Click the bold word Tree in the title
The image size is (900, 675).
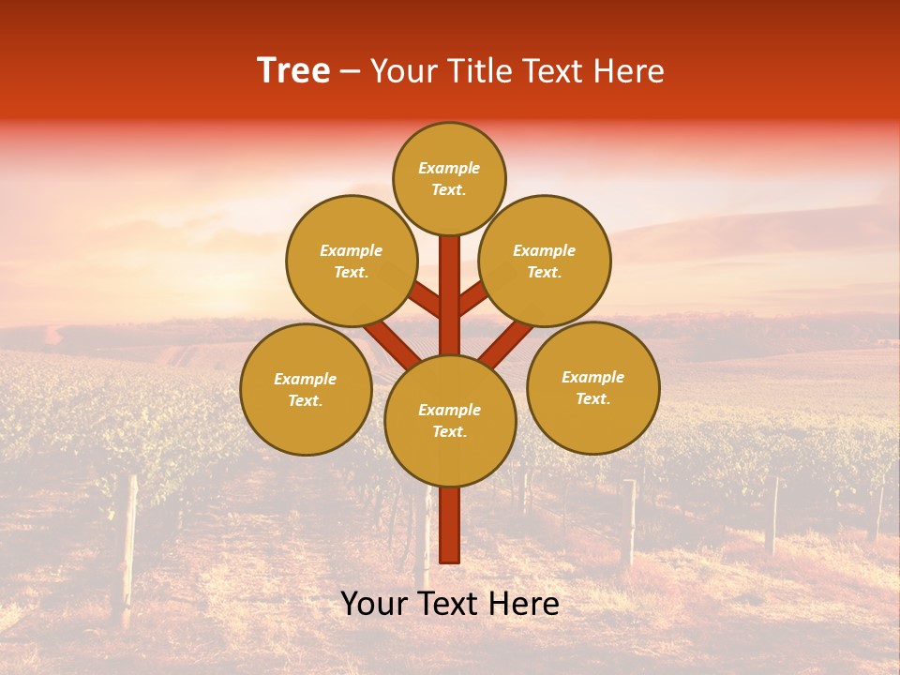click(x=293, y=71)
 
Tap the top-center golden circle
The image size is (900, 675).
click(x=449, y=178)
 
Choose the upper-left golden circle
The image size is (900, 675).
click(x=352, y=261)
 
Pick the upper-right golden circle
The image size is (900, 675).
click(x=545, y=261)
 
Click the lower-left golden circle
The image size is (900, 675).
click(x=306, y=389)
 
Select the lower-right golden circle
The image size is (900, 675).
click(x=593, y=387)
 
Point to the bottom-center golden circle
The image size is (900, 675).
click(x=450, y=421)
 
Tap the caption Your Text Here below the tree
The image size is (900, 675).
click(x=450, y=604)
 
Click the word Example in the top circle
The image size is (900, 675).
click(x=449, y=168)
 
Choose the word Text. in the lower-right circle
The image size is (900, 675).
click(x=592, y=398)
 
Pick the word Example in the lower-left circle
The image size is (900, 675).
click(x=305, y=379)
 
